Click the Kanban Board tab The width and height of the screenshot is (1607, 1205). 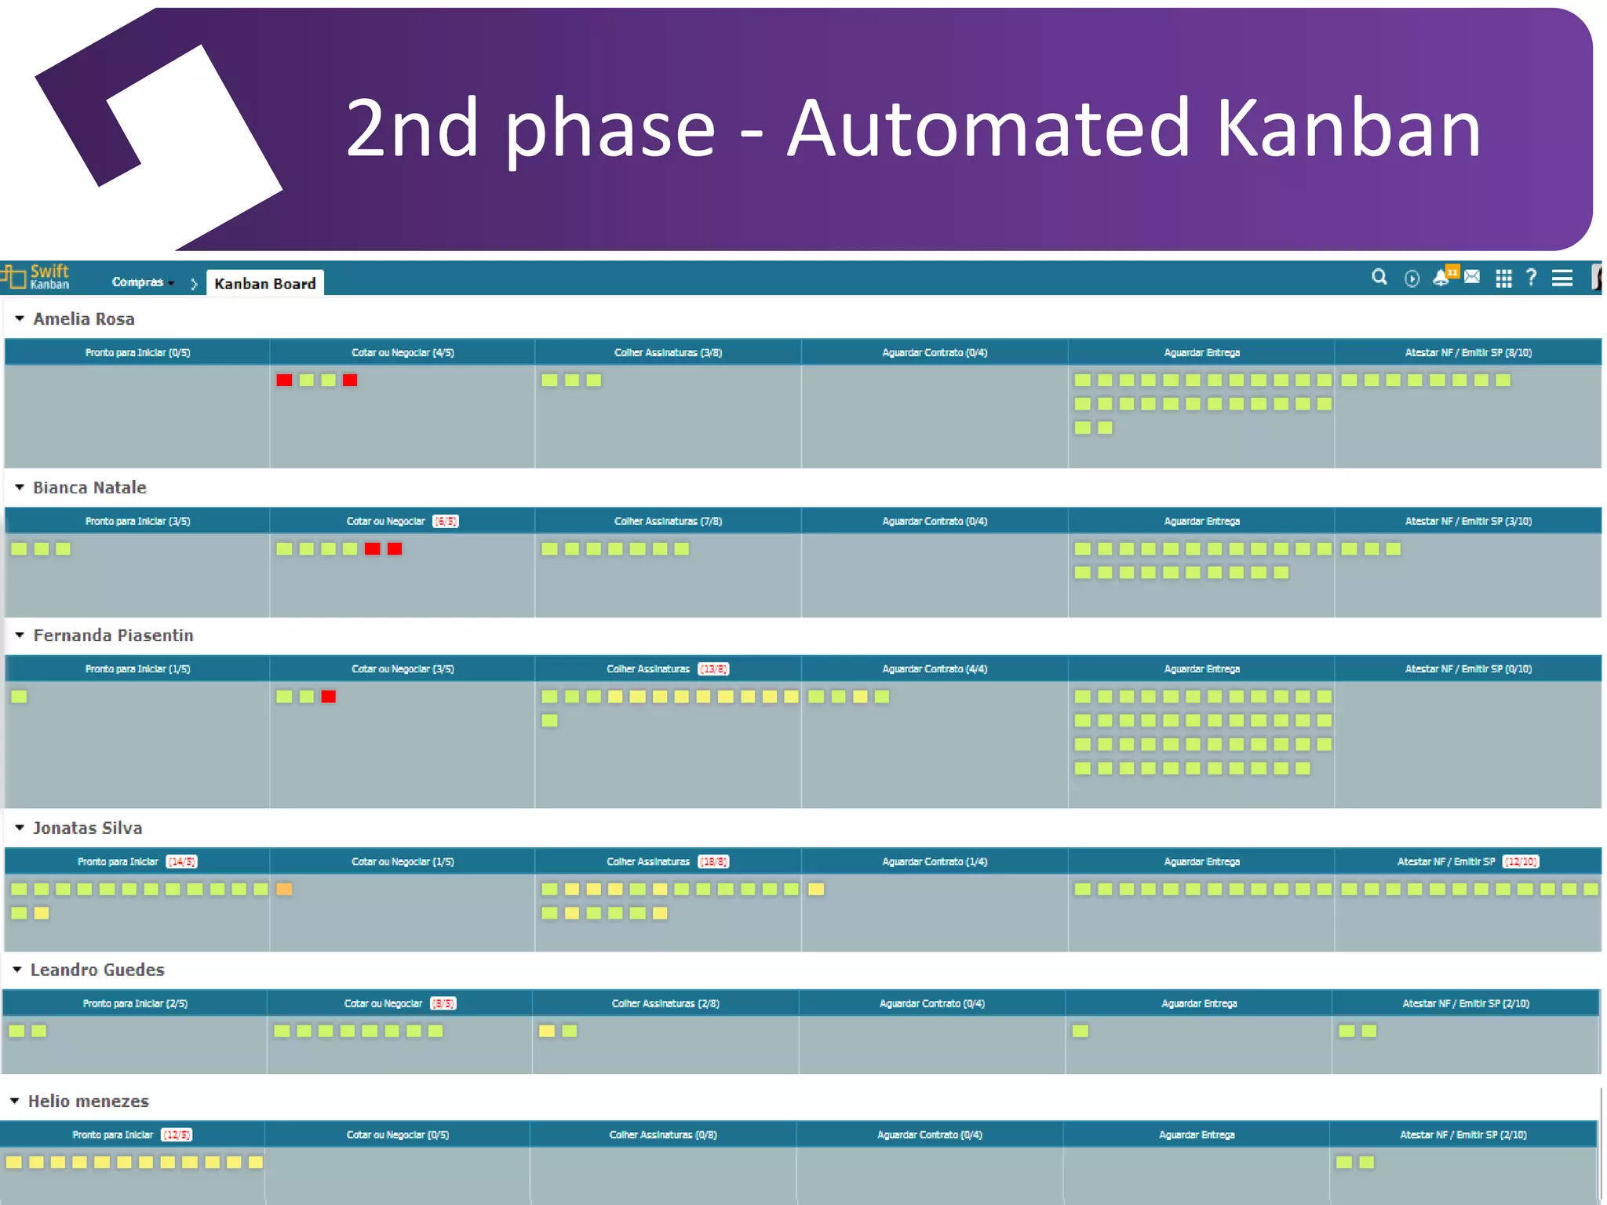(264, 283)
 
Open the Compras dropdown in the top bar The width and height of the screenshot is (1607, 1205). (142, 282)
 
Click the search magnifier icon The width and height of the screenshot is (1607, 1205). (1379, 278)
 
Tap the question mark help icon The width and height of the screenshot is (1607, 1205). (1531, 278)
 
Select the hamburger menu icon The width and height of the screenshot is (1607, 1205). (1561, 278)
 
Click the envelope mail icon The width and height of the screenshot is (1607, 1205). (1472, 277)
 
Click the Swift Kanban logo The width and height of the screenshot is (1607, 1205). (37, 277)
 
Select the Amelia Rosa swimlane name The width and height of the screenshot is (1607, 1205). (84, 319)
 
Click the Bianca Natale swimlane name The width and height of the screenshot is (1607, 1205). (89, 488)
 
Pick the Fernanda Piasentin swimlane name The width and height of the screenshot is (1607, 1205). (113, 635)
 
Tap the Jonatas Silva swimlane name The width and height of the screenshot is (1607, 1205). (88, 828)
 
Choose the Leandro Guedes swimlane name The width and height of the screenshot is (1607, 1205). (97, 970)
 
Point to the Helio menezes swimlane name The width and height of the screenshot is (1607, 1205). (89, 1101)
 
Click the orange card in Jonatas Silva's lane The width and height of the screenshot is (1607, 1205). (284, 890)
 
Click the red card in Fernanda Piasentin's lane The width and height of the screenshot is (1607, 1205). (328, 697)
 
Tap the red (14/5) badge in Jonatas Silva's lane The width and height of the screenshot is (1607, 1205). (181, 862)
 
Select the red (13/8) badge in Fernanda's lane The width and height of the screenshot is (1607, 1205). (713, 669)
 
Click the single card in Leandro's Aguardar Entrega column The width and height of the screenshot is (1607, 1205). (1080, 1032)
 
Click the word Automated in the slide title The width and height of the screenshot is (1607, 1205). (989, 129)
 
